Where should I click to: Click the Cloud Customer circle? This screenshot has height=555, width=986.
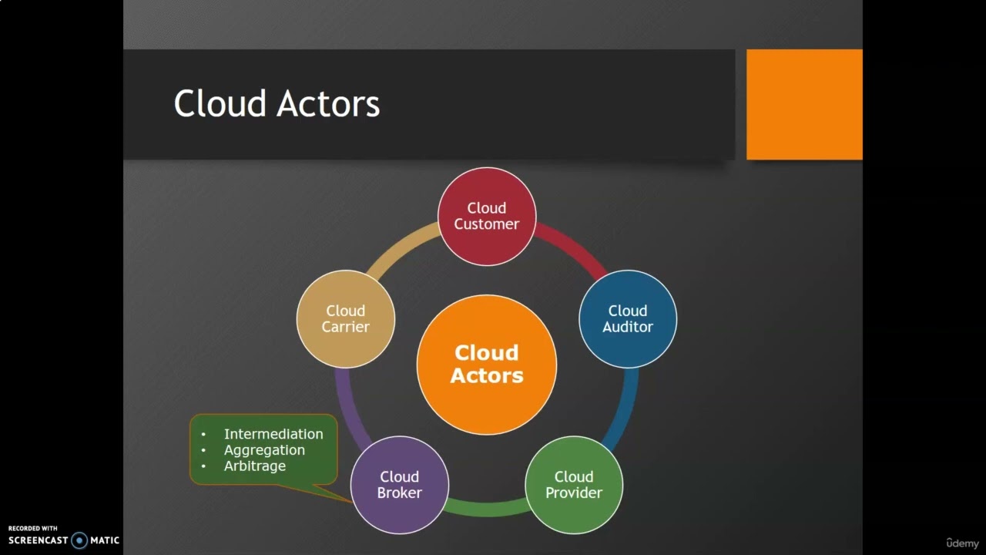486,216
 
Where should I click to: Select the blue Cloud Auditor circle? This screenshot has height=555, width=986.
628,318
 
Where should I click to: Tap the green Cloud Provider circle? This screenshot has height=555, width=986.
574,484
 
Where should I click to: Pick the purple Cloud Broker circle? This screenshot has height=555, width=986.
399,484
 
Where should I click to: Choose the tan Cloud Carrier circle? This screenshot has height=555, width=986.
345,318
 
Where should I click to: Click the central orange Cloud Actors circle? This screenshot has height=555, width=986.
486,364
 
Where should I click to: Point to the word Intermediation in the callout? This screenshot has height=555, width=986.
273,434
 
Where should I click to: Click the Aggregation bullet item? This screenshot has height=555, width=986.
264,450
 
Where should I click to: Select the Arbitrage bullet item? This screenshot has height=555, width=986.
254,466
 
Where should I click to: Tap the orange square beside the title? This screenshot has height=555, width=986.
804,104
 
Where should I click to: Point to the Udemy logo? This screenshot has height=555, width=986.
962,543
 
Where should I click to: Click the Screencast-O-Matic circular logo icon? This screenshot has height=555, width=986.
79,540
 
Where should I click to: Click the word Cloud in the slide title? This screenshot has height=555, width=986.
220,104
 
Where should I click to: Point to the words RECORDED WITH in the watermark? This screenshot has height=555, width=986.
33,528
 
